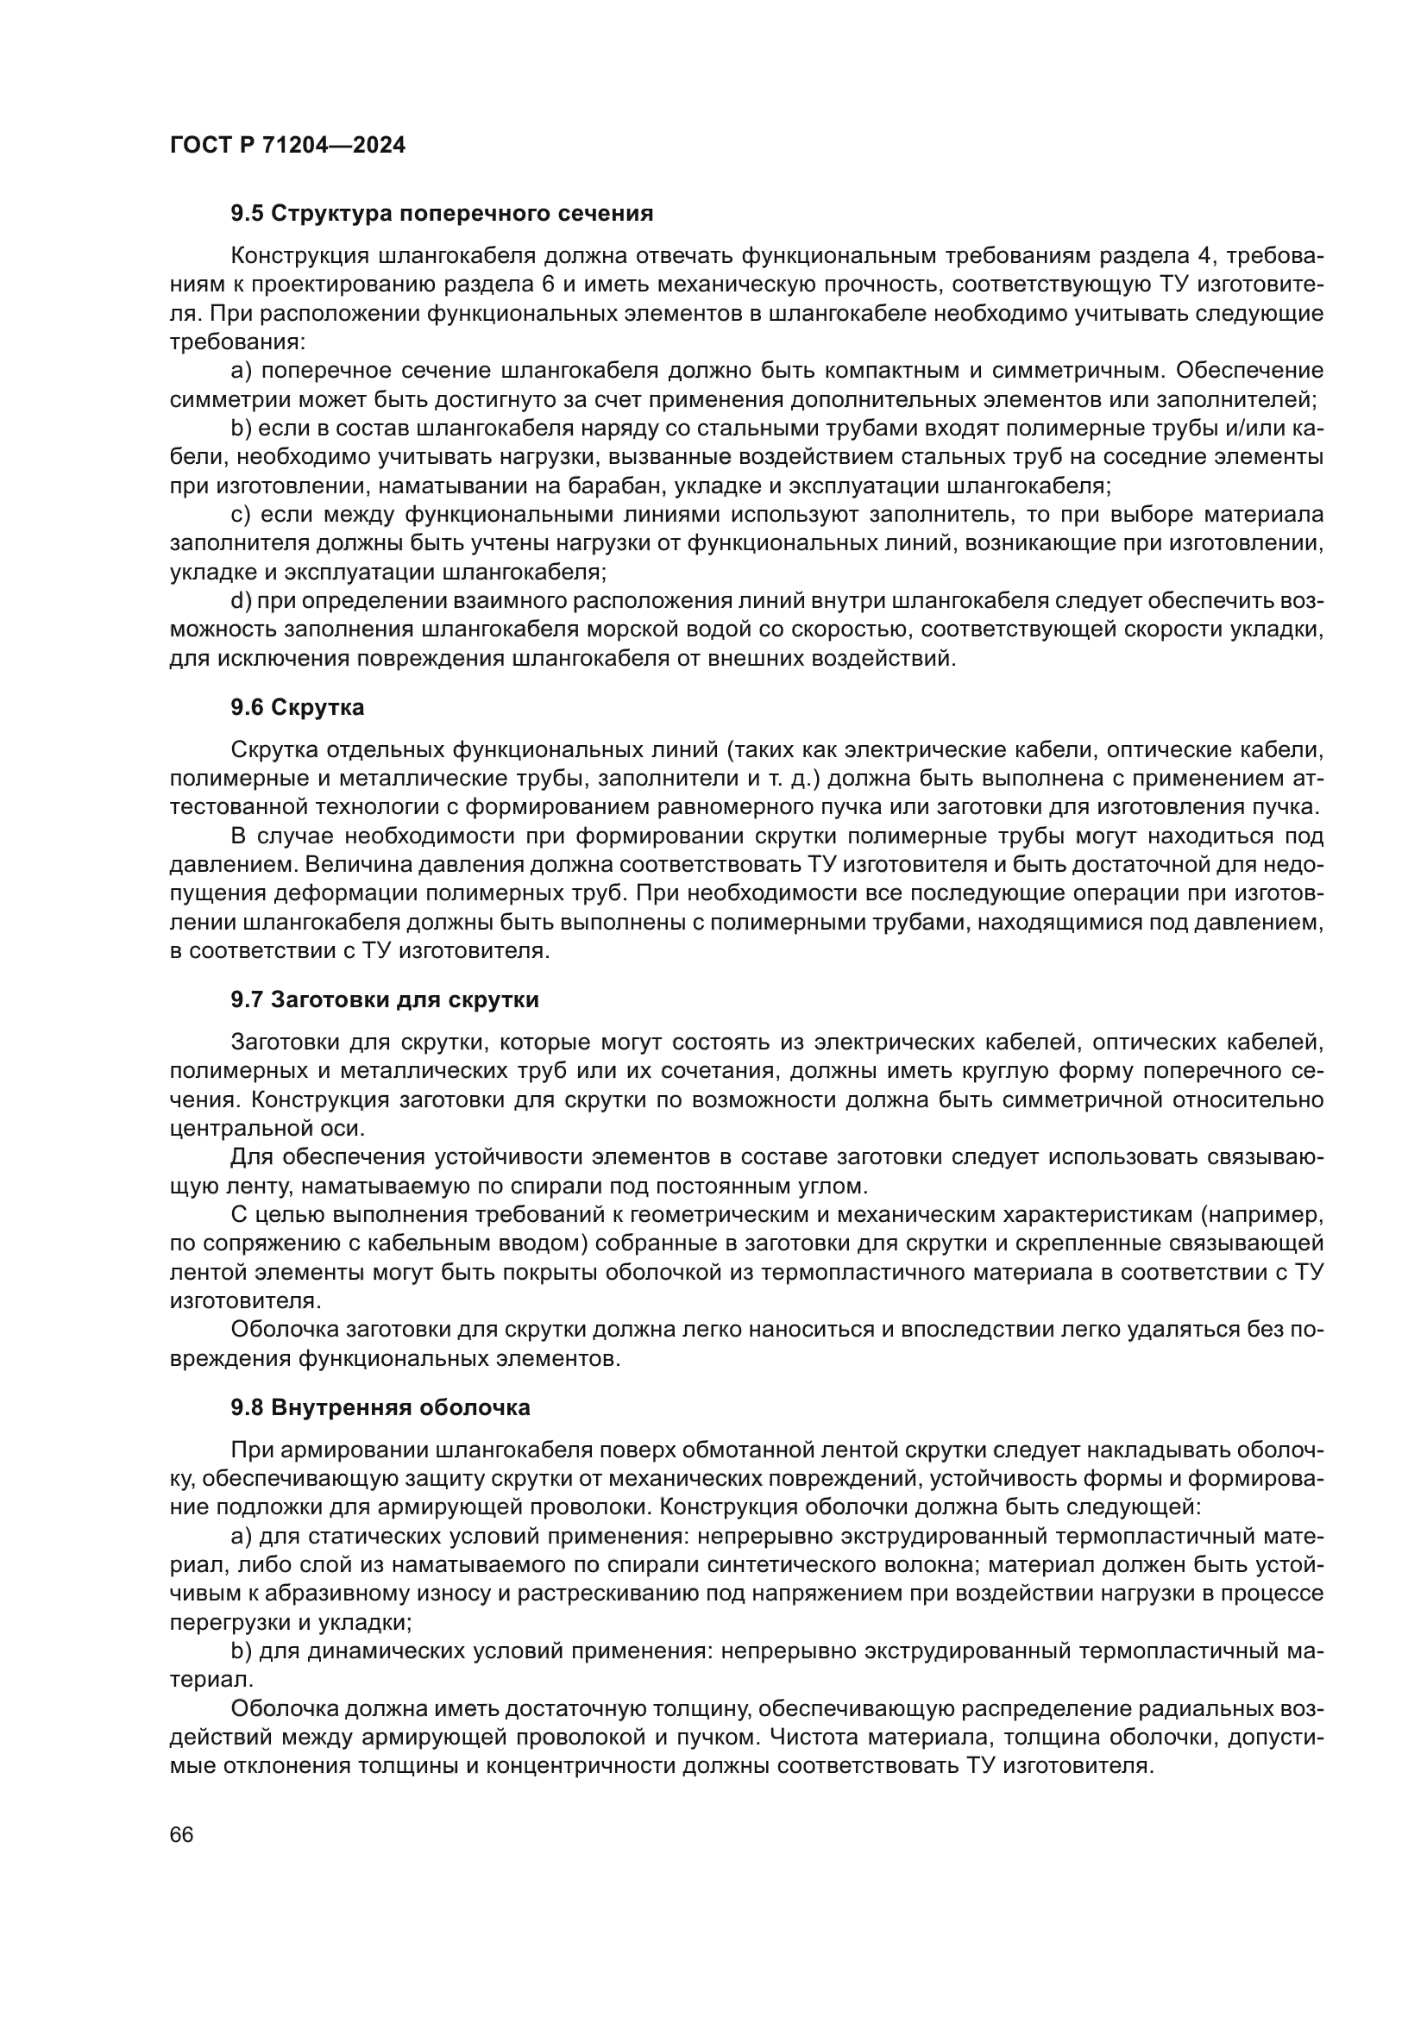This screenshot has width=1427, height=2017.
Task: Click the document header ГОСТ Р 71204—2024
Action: click(287, 146)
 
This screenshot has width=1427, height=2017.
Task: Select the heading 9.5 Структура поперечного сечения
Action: click(442, 214)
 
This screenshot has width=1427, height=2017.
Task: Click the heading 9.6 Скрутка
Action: click(297, 706)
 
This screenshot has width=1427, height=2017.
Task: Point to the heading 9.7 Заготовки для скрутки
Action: click(385, 999)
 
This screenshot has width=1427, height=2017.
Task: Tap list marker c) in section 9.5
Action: click(241, 515)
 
